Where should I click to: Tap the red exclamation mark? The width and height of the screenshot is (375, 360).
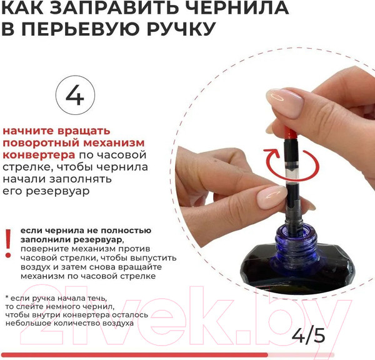point(8,242)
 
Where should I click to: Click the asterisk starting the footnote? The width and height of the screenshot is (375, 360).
point(6,297)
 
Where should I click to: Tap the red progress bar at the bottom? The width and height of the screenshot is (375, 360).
point(134,354)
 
